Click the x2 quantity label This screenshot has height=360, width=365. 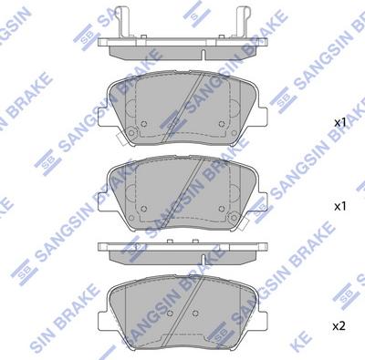[x=339, y=326]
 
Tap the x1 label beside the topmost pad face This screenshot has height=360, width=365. [x=340, y=123]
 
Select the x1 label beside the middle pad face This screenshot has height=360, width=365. [x=340, y=207]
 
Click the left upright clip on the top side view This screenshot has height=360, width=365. [x=123, y=23]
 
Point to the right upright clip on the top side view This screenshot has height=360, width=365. [x=243, y=23]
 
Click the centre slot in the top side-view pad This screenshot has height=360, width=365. [x=203, y=54]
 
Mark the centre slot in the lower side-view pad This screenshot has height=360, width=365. [x=203, y=259]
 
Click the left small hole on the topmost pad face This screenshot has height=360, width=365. [x=144, y=124]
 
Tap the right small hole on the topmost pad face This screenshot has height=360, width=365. [x=222, y=124]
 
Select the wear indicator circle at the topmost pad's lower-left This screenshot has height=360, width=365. [x=131, y=133]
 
